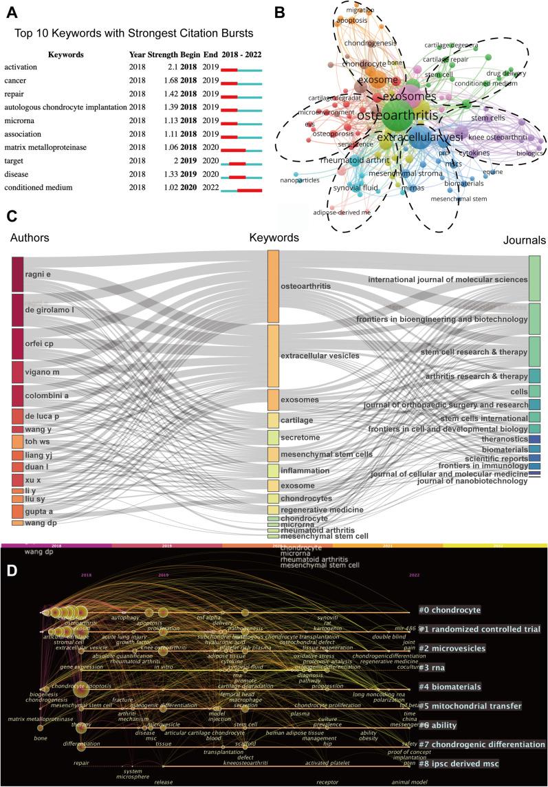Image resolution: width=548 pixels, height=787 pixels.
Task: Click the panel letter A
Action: point(11,11)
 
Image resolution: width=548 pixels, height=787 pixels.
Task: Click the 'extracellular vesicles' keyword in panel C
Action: point(320,356)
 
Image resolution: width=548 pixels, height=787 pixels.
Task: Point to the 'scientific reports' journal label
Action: point(491,457)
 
